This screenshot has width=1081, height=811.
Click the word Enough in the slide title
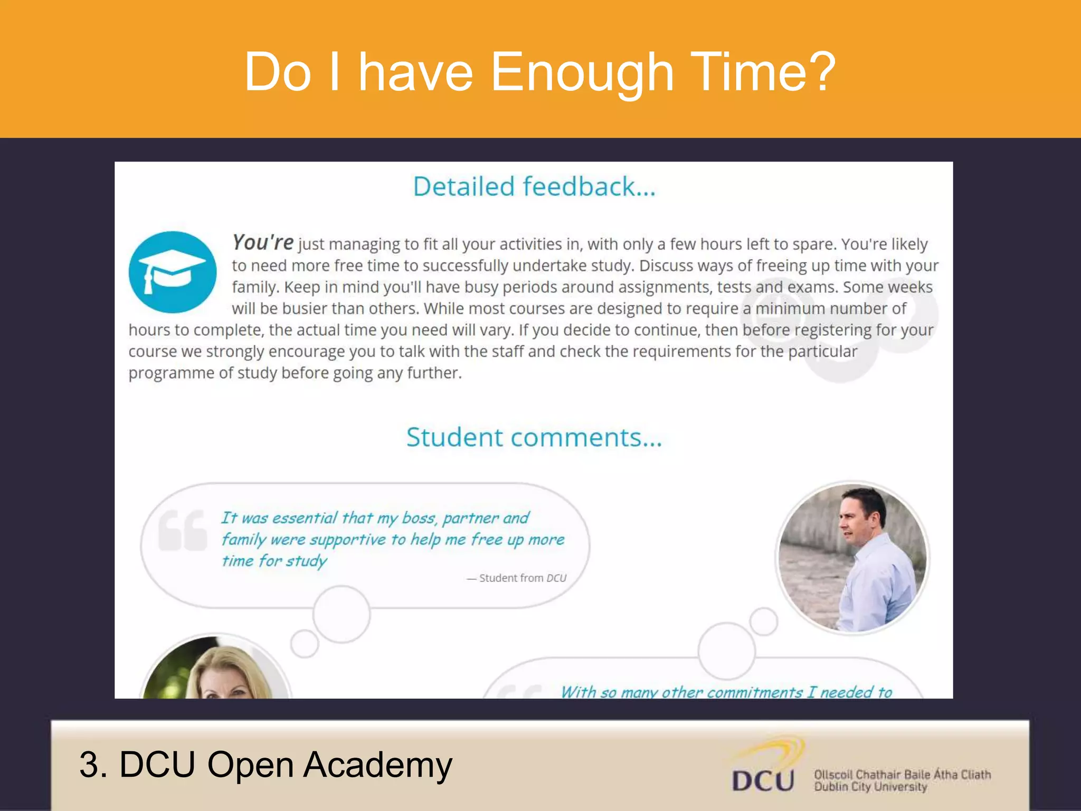tap(582, 73)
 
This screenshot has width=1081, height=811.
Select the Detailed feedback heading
tap(534, 187)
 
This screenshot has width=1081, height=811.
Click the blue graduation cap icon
tap(172, 272)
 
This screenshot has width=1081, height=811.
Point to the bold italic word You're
tap(263, 243)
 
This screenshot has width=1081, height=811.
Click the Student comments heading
tap(534, 438)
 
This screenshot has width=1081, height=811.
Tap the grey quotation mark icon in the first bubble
tap(182, 530)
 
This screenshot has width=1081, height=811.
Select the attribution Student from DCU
tap(522, 578)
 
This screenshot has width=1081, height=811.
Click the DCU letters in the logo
tap(763, 781)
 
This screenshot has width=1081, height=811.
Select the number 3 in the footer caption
tap(90, 765)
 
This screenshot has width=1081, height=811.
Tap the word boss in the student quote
tap(419, 518)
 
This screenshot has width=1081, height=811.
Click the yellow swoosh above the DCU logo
tap(776, 750)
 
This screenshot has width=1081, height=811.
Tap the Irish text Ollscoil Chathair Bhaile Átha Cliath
tap(902, 775)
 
